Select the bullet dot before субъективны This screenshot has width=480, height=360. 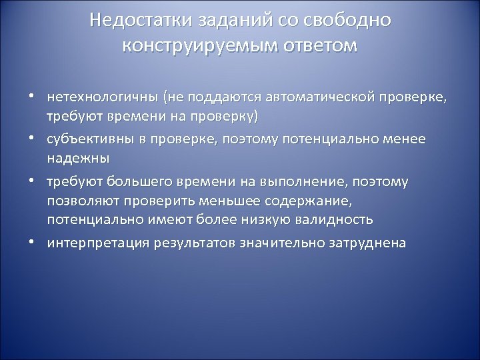point(31,139)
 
